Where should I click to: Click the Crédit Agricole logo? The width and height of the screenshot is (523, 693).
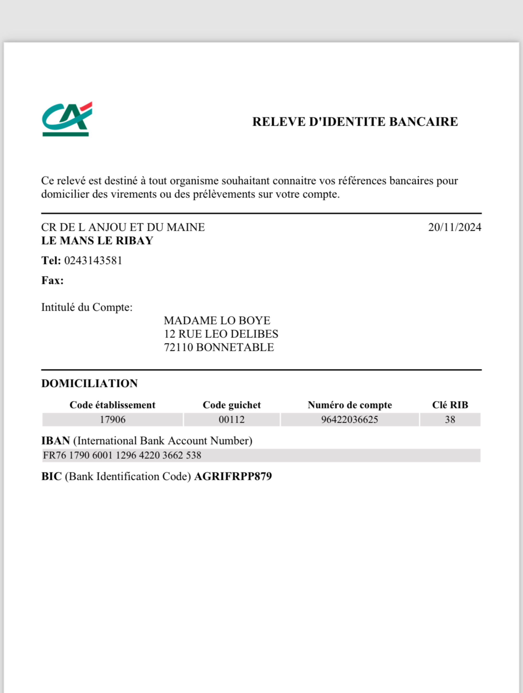pos(67,119)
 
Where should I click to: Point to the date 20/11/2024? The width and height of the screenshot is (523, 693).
pos(454,227)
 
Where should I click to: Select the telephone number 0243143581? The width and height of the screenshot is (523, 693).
pos(93,261)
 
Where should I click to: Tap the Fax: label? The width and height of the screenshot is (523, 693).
pos(53,280)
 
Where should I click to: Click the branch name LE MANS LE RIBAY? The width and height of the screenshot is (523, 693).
pos(97,241)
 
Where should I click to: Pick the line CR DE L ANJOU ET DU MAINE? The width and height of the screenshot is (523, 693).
pos(123,227)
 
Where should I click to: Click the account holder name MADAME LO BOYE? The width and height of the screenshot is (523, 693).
pos(217,321)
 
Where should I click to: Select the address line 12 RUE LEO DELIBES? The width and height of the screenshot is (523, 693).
pos(221,334)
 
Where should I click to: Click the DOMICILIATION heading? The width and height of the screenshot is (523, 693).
pos(89,383)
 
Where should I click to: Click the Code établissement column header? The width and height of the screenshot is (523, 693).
pos(112,405)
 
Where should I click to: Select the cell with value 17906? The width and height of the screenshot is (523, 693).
pos(112,420)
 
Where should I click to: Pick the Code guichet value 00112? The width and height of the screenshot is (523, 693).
pos(232,420)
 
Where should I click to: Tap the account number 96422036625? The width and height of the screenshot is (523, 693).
pos(350,420)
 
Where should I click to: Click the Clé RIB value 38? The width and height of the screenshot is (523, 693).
pos(450,420)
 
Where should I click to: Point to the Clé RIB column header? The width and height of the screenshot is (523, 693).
pos(450,405)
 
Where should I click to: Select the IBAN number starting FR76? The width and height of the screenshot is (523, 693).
pos(122,455)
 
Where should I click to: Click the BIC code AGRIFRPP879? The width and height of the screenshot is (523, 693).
pos(233,477)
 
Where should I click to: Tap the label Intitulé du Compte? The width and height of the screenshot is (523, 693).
pos(87,307)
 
